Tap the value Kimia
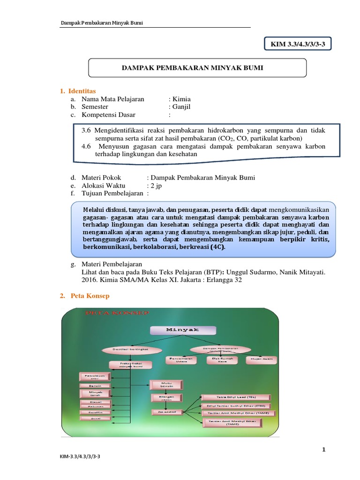(x=181, y=99)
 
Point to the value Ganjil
(x=181, y=107)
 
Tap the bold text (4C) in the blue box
(x=217, y=247)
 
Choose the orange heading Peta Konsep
(x=90, y=296)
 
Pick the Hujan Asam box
(x=262, y=360)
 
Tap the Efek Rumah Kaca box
(x=222, y=360)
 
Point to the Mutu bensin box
(x=167, y=385)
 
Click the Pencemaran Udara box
(x=182, y=360)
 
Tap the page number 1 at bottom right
(x=324, y=450)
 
